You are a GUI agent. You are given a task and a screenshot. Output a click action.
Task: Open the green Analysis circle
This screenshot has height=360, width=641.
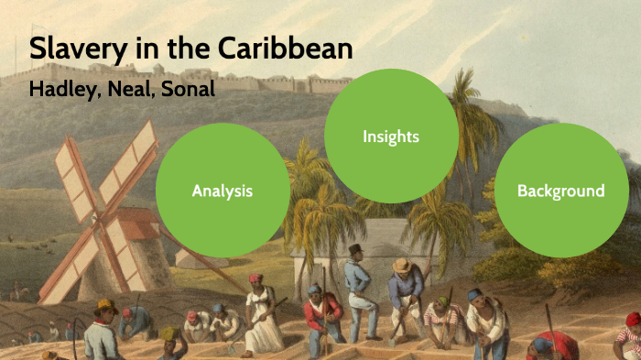point(223,191)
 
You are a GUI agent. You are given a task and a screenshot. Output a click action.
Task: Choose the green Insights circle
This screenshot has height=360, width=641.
point(391,136)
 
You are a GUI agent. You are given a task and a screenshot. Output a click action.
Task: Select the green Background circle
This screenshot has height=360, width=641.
point(560,191)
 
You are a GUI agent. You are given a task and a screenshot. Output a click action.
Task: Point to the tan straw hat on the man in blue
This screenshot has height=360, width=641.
point(401,265)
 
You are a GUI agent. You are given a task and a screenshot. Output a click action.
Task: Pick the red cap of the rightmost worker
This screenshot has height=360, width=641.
point(633,319)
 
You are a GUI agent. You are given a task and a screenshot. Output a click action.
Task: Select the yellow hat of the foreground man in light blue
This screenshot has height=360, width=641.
point(104,305)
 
